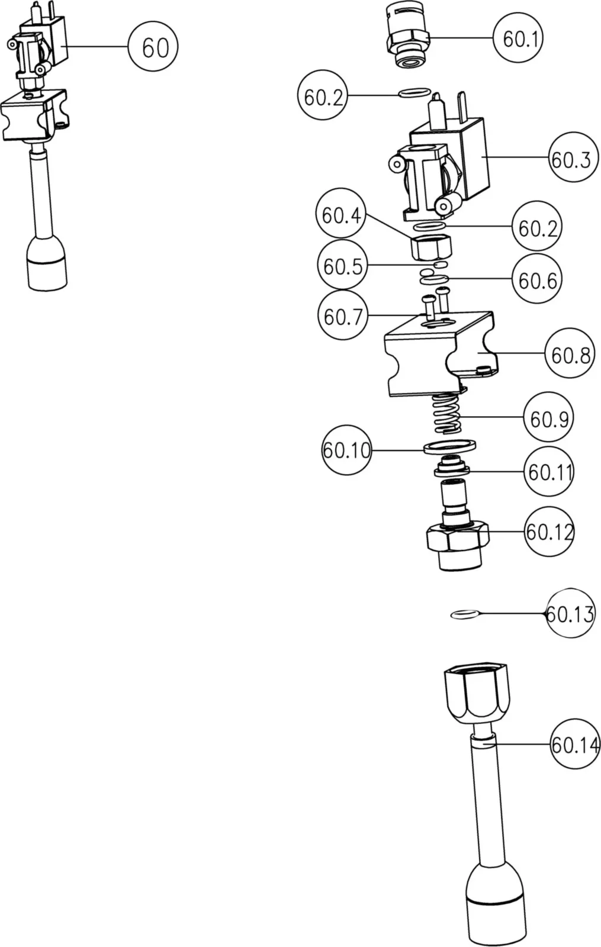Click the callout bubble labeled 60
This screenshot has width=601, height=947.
tap(153, 47)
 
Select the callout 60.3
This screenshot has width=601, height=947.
tap(571, 159)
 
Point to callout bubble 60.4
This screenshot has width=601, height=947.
tap(340, 215)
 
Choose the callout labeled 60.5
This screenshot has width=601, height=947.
tap(342, 266)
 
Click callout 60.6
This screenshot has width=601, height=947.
tap(537, 280)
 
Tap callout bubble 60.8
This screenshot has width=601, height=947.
tap(570, 355)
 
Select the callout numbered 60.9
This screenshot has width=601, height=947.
tap(548, 418)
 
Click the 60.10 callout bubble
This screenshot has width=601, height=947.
tap(346, 450)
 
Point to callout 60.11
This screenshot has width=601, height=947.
tap(549, 472)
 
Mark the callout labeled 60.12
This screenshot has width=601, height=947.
tap(549, 532)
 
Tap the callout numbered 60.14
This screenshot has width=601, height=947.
tap(574, 744)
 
